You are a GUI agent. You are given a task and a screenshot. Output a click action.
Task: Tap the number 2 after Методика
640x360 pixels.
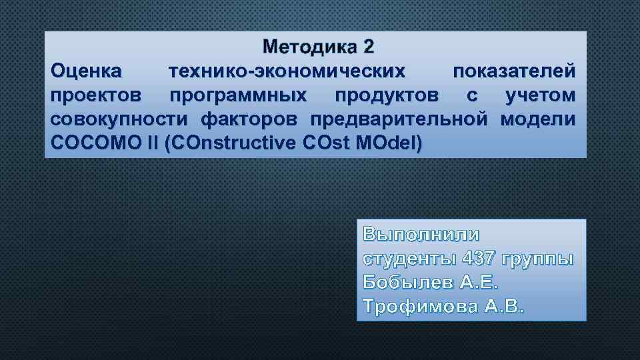point(369,47)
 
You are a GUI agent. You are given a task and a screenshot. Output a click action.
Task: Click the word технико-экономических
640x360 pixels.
point(287,71)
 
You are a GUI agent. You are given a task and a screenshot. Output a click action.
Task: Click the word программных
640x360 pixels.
point(238,95)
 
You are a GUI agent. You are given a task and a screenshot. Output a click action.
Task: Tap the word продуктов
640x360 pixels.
point(387,95)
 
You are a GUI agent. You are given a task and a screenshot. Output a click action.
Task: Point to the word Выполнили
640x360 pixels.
point(421,235)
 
